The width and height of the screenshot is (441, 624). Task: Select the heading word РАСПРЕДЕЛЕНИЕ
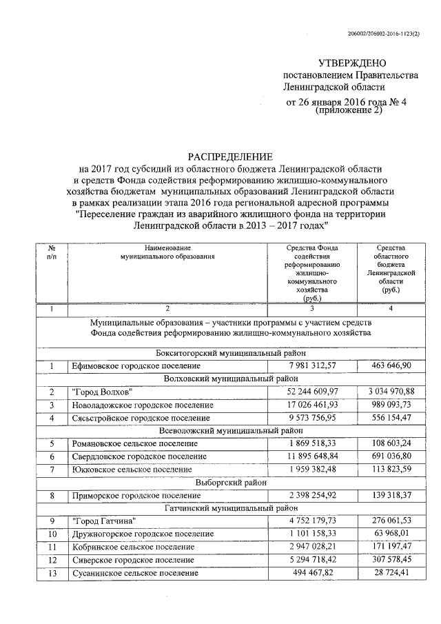coord(230,157)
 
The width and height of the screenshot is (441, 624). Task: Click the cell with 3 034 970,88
coord(391,392)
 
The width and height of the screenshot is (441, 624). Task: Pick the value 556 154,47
coord(391,418)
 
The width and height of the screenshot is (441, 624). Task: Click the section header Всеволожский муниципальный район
coord(231,431)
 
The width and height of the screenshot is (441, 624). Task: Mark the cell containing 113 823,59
coord(391,470)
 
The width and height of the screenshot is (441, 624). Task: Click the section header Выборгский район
coord(231,483)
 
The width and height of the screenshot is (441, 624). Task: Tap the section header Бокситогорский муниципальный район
coord(231,352)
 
